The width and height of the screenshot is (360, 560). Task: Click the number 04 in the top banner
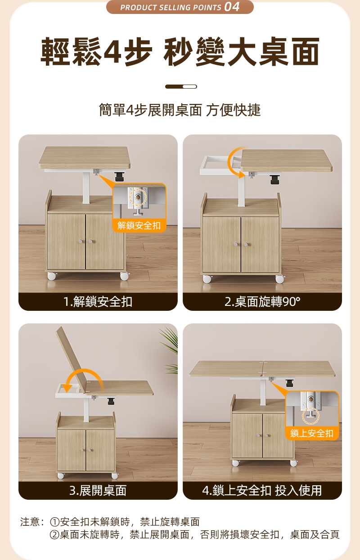[232, 7]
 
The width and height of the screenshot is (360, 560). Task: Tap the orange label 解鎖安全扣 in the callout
[139, 225]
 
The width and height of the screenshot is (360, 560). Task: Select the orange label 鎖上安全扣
[312, 433]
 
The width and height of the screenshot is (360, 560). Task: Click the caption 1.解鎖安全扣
[98, 301]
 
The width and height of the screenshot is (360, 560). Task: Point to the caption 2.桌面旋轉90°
[262, 301]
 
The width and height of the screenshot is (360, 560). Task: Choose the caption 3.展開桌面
[98, 490]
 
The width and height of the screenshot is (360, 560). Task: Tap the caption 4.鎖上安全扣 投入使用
[262, 490]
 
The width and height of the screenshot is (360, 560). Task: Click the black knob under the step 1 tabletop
[120, 176]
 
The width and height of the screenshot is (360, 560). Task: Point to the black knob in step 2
[274, 179]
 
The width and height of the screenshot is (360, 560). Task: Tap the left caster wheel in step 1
[52, 276]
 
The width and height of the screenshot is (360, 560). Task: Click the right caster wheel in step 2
[280, 279]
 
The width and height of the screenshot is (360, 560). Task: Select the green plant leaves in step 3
[170, 350]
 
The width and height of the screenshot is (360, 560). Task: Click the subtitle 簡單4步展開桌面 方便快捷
[180, 110]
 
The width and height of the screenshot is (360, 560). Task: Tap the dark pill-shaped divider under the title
[181, 86]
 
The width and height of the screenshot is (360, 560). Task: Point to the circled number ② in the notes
[54, 535]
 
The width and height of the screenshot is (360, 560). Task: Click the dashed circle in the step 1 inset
[138, 197]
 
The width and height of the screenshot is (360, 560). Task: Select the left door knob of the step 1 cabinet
[80, 242]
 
